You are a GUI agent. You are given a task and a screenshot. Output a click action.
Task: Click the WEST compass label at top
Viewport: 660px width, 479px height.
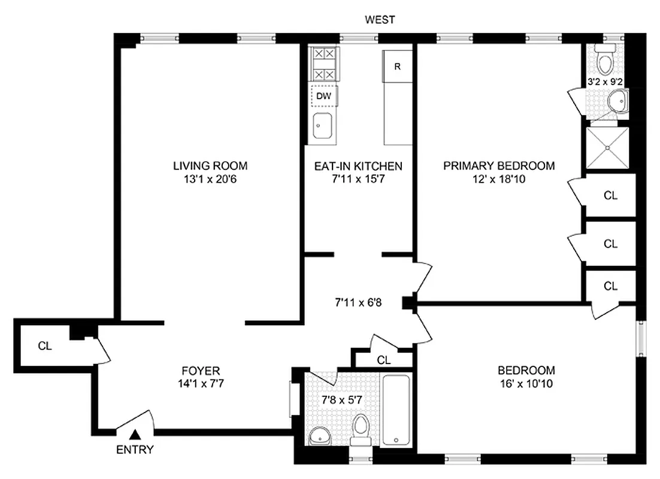(380, 20)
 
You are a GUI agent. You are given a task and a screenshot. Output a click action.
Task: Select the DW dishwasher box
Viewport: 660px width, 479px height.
(324, 95)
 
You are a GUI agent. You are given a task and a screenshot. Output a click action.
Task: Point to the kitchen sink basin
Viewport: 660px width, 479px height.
(323, 126)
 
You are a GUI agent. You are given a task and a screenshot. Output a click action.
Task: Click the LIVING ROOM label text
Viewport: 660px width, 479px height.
(210, 166)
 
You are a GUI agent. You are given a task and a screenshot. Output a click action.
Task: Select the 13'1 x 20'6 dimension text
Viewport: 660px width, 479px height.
(210, 179)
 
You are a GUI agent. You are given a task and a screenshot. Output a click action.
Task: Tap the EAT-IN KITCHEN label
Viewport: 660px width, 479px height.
(358, 166)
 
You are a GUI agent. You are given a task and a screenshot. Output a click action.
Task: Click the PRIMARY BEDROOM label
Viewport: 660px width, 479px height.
(499, 166)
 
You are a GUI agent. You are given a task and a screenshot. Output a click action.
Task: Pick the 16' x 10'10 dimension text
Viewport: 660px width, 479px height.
(526, 383)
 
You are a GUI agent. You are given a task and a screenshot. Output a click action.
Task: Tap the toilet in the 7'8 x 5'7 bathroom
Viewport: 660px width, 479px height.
(361, 429)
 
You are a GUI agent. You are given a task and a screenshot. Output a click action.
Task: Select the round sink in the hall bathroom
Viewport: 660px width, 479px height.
(319, 436)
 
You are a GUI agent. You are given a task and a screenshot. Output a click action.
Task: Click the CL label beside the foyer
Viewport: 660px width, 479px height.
(44, 345)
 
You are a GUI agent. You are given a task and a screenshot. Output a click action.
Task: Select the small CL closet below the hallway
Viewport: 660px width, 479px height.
(384, 360)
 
